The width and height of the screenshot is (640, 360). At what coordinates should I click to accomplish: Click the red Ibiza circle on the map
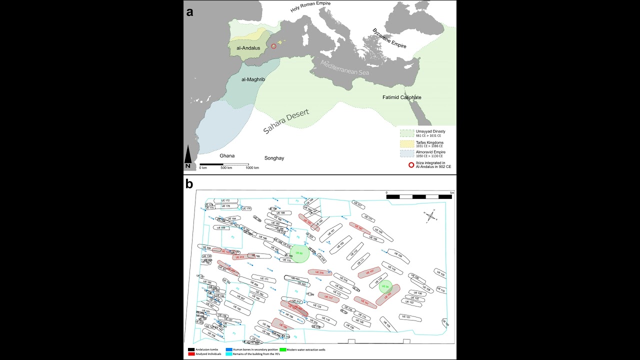point(273,46)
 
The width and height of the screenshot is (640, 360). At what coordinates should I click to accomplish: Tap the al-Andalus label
point(248,48)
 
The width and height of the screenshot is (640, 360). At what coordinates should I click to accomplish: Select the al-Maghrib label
point(253,79)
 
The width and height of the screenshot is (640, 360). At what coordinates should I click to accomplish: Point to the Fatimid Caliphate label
point(401,97)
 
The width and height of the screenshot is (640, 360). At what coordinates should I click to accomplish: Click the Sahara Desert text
point(286,121)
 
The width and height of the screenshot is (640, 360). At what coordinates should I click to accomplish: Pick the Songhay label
point(274,158)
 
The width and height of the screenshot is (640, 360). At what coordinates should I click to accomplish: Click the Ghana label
point(227,155)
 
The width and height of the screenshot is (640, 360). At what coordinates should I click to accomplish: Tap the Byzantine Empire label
point(389,38)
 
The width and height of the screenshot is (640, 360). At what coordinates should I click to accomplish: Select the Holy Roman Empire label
point(310,6)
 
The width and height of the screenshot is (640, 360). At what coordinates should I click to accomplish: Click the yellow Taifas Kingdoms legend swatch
point(407,144)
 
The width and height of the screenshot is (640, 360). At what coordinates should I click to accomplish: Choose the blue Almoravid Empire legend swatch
point(407,153)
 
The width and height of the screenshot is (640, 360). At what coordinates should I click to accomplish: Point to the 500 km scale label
point(226,168)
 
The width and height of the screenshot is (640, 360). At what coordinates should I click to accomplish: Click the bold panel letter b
point(189,184)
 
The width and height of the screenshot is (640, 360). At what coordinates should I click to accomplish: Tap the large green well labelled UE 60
point(299,253)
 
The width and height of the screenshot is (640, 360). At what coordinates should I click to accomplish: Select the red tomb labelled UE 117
point(328,297)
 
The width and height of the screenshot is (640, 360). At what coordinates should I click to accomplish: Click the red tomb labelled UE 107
point(369,272)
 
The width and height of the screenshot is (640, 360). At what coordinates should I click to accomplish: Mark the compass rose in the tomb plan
point(431,215)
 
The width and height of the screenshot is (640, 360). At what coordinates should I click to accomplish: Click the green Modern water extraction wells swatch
point(282,349)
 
